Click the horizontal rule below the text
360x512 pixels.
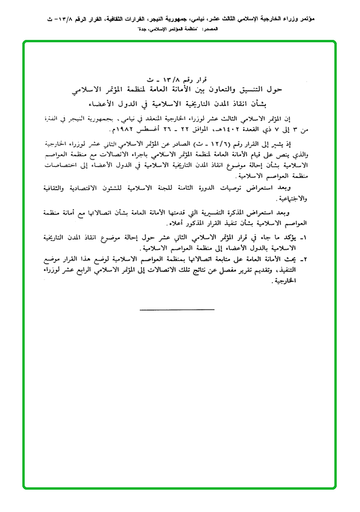tap(177, 310)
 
